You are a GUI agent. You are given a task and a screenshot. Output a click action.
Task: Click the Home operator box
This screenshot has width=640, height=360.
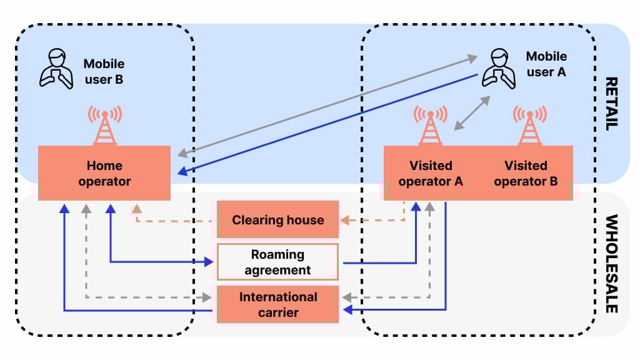(x=104, y=173)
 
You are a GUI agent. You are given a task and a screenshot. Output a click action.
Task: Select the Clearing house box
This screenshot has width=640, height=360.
(x=277, y=219)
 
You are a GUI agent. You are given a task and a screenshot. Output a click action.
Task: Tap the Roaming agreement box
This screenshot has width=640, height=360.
(x=277, y=262)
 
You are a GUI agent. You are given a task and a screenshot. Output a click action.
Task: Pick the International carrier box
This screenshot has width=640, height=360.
(x=277, y=304)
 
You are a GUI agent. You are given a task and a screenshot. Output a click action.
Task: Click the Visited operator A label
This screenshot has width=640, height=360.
(x=430, y=174)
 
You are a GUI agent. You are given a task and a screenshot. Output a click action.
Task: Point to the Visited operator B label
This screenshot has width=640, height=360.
(x=526, y=174)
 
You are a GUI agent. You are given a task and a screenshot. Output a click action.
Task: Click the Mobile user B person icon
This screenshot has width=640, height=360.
(x=56, y=69)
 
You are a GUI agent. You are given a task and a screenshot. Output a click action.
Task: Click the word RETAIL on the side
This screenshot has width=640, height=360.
(x=611, y=103)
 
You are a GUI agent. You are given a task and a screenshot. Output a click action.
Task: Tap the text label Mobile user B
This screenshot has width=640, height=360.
(x=104, y=71)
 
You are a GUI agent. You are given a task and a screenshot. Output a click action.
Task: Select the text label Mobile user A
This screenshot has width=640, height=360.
(x=546, y=64)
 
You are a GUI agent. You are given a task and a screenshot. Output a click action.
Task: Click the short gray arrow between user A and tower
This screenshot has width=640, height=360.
(x=471, y=114)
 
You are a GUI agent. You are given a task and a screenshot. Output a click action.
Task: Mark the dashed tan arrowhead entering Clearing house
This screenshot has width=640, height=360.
(x=344, y=220)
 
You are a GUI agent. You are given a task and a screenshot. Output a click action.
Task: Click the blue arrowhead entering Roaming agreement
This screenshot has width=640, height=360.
(x=210, y=262)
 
